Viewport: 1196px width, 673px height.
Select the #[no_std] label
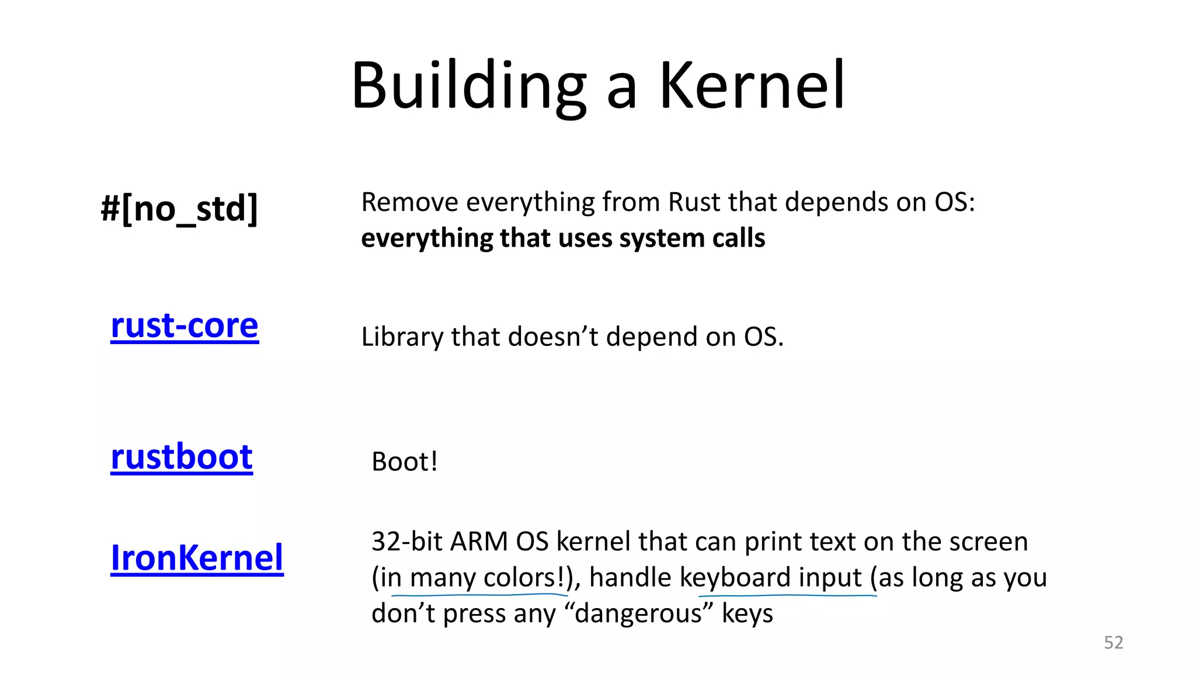[x=179, y=209]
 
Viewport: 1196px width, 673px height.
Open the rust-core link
[x=185, y=325]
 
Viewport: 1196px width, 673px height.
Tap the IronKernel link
[x=197, y=557]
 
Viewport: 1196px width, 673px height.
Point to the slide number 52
[x=1113, y=643]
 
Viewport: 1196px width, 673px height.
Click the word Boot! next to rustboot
[x=405, y=462]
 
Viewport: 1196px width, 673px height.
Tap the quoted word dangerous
[x=639, y=613]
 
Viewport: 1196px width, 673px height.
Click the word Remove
[x=410, y=202]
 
